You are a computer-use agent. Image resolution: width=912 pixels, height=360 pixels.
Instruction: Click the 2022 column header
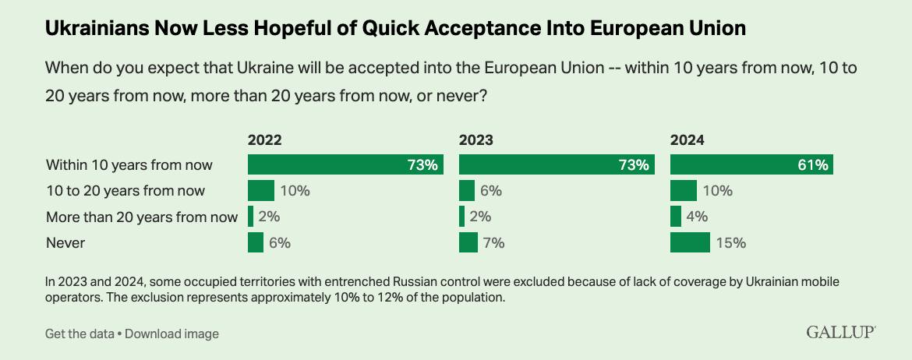tap(264, 141)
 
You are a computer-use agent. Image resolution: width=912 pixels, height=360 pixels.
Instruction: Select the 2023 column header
tap(476, 141)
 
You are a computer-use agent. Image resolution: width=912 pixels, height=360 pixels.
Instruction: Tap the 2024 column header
tap(688, 141)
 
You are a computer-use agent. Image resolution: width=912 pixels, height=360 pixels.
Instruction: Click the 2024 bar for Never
tap(690, 242)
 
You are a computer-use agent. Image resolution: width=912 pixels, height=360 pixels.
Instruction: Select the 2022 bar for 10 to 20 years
tap(261, 191)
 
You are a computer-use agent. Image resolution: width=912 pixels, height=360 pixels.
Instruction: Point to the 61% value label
tap(816, 165)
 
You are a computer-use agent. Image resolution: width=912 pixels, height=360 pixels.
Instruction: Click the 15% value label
tap(730, 242)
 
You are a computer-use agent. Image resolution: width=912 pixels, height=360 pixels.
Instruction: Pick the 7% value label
tap(493, 242)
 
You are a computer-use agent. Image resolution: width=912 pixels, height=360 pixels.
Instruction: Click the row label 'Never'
tap(65, 242)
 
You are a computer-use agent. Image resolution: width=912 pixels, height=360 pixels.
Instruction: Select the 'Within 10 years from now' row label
tap(129, 165)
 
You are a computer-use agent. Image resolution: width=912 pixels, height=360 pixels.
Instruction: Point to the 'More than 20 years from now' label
tap(141, 217)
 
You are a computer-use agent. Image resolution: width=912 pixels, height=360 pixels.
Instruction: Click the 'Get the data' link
tap(79, 334)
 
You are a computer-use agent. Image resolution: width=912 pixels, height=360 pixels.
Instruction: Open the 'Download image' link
tap(171, 334)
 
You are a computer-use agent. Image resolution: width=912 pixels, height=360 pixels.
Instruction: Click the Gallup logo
tap(841, 333)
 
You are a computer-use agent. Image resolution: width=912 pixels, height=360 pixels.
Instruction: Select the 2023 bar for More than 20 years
tap(462, 217)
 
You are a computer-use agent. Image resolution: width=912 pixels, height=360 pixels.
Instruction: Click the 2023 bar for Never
tap(468, 242)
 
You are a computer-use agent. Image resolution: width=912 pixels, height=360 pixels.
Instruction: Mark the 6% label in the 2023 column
tap(491, 191)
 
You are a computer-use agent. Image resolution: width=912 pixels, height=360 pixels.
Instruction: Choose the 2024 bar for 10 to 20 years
tap(684, 191)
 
